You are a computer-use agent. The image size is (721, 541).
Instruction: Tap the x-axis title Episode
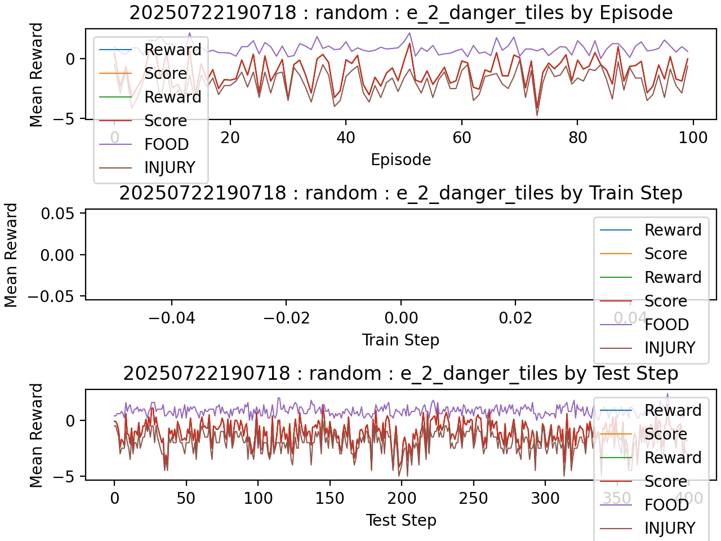[400, 159]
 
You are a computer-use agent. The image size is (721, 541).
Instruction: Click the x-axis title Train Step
[400, 340]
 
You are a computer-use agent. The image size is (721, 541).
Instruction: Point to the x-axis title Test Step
[400, 520]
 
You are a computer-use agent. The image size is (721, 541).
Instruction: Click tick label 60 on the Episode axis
[462, 138]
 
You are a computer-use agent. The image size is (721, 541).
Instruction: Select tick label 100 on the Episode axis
[693, 138]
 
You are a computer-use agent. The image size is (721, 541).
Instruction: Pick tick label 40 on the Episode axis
[346, 138]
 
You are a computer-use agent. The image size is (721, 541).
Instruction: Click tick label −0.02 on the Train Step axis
[286, 318]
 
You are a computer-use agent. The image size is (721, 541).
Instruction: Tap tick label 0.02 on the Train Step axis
[515, 318]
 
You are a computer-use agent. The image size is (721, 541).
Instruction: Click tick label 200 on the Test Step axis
[402, 498]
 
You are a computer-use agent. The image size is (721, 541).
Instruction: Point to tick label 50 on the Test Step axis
[186, 498]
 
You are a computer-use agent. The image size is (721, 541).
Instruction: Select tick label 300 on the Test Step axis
[545, 498]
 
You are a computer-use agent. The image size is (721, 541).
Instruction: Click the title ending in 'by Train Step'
[400, 193]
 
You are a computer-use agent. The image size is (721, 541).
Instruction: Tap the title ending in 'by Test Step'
[400, 374]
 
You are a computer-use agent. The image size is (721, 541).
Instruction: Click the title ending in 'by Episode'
[400, 12]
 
